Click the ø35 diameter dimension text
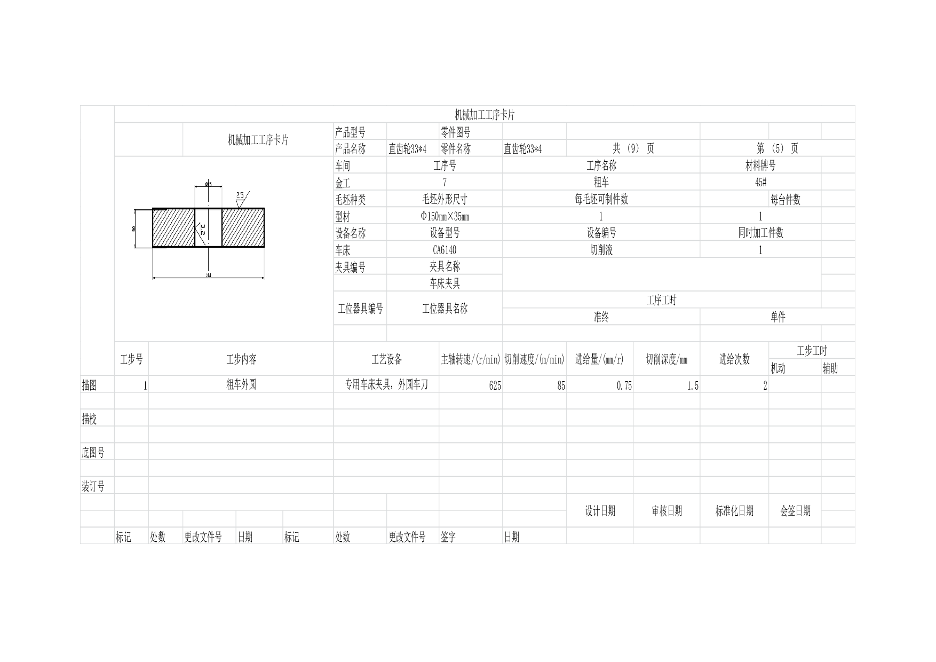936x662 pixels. coord(208,184)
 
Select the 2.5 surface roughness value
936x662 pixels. coord(240,195)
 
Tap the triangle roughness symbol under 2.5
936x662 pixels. coord(241,203)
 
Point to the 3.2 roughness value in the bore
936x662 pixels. coord(203,230)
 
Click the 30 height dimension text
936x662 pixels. coord(134,228)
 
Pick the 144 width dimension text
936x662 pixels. coord(208,275)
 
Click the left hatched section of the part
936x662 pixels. coord(173,228)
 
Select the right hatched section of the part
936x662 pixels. coord(243,228)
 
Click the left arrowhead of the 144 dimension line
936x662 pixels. coord(155,278)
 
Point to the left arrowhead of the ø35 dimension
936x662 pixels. coord(196,186)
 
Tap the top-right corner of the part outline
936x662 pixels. coord(264,209)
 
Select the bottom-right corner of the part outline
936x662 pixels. coord(264,247)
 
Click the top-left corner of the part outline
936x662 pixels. coord(153,209)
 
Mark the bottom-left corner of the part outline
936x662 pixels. coord(153,247)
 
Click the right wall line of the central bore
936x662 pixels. coord(222,228)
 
